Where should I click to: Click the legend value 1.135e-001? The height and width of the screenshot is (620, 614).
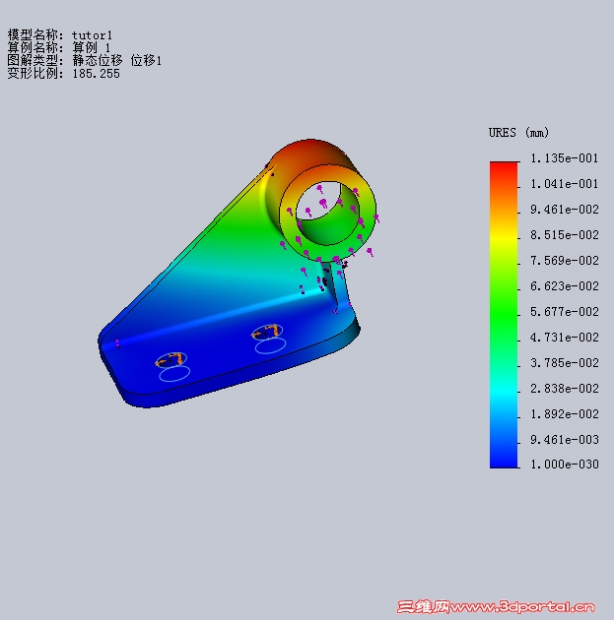(x=564, y=158)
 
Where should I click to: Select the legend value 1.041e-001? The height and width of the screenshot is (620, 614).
(x=564, y=184)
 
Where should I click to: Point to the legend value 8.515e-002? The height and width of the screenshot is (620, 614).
(x=564, y=235)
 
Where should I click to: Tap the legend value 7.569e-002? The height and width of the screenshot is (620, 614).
(x=564, y=261)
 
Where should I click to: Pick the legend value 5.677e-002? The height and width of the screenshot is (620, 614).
(x=564, y=312)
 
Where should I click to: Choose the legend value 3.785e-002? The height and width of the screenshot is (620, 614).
(x=564, y=362)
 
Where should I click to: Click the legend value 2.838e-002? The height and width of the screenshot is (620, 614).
(x=564, y=389)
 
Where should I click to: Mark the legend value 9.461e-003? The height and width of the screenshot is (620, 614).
(x=564, y=439)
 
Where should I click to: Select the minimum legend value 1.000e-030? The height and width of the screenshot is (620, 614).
(x=564, y=464)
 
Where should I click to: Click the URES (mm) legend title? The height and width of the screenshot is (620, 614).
(x=518, y=133)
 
